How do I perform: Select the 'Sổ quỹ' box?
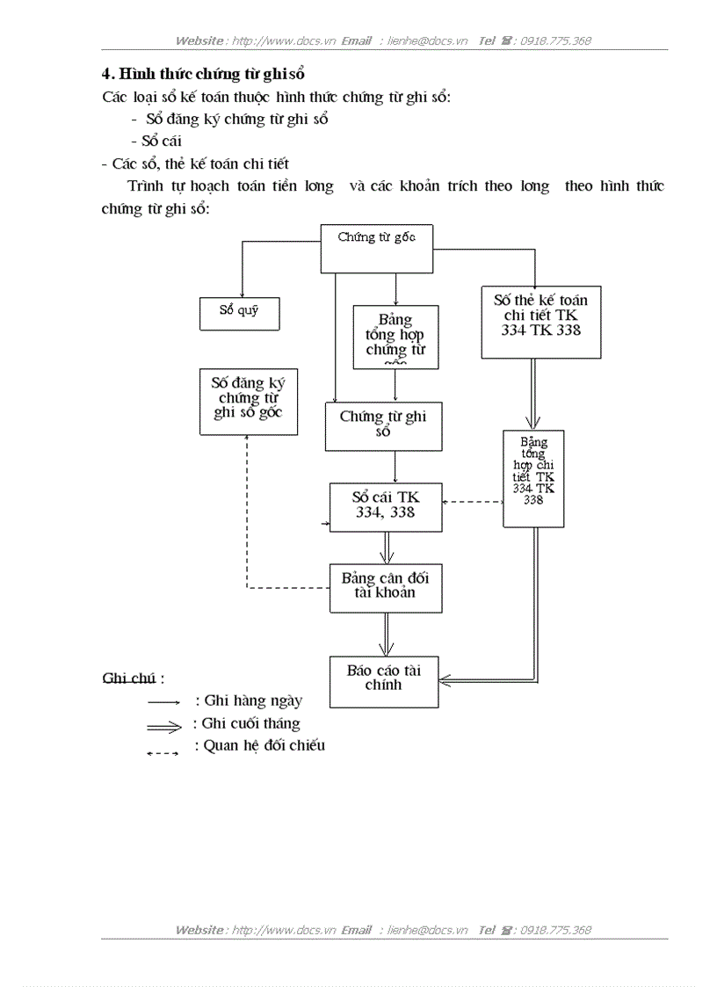click(x=239, y=311)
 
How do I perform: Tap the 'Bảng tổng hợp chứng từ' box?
click(x=395, y=336)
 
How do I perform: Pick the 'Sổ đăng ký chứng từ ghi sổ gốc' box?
click(x=248, y=401)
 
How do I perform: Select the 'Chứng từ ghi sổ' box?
click(x=383, y=426)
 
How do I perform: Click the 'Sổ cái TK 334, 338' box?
click(x=386, y=506)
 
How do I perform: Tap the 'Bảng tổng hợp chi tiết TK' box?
click(x=533, y=478)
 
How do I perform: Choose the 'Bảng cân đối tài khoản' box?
click(x=386, y=587)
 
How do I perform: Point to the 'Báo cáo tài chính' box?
click(x=383, y=680)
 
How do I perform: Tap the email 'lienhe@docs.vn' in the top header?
click(x=427, y=40)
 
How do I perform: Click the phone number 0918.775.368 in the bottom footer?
click(x=555, y=930)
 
